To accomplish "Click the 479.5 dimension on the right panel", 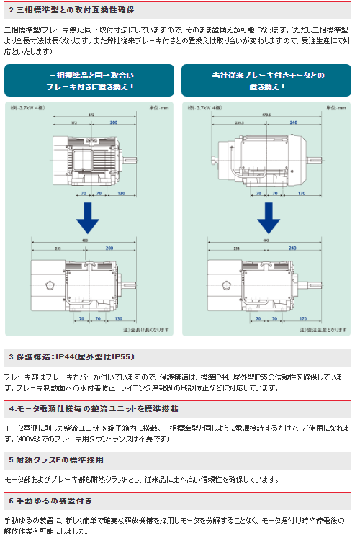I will [x=267, y=115].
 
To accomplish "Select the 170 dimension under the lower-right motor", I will [x=302, y=318].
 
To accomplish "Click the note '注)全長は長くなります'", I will [x=145, y=330].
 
